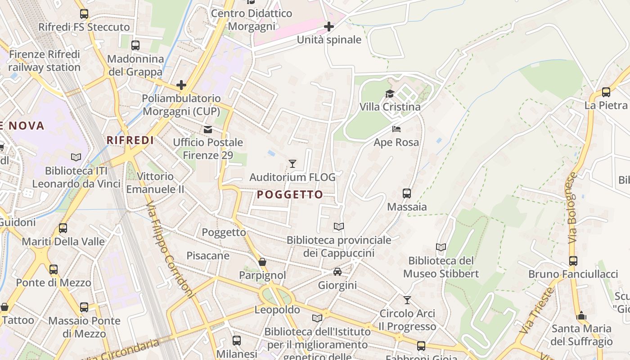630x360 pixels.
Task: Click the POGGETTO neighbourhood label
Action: [290, 194]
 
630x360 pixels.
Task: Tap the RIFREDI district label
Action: [130, 140]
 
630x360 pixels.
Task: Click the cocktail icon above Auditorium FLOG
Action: [292, 163]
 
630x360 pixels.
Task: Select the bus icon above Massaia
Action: [407, 193]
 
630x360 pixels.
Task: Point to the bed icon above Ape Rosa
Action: [396, 129]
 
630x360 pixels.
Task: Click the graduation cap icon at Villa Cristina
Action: [390, 94]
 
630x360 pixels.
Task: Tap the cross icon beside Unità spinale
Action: [329, 27]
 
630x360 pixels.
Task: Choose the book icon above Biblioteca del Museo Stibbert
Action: [441, 247]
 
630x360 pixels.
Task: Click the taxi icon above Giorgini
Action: [337, 272]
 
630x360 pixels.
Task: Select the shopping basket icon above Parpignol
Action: [262, 261]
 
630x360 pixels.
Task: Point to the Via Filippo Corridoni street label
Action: [170, 250]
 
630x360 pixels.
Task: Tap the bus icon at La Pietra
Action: [606, 92]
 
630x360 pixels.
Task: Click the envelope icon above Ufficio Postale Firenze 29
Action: [208, 130]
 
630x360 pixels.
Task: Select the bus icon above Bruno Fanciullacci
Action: [573, 261]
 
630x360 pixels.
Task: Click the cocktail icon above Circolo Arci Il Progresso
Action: [407, 300]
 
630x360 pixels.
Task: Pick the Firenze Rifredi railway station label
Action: [44, 61]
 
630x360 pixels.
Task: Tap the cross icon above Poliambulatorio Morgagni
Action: [181, 85]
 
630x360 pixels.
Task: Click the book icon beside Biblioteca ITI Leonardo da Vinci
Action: [76, 157]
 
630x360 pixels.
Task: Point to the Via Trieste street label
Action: [536, 310]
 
